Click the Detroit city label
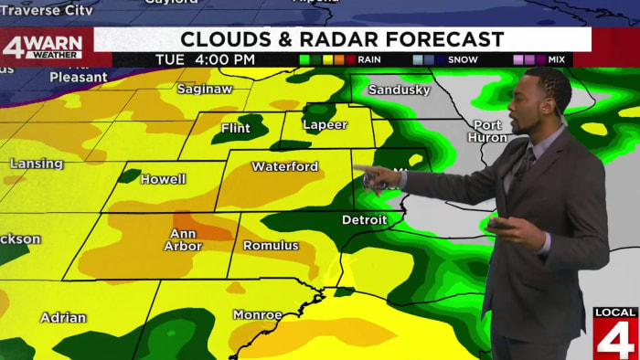point(364,220)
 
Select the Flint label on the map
point(235,129)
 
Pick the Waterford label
point(284,167)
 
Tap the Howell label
point(163,179)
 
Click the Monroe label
point(257,315)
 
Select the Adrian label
point(63,318)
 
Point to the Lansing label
point(37,164)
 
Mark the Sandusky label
point(400,90)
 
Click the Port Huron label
point(488,131)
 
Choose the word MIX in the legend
point(556,59)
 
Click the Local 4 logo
point(615,333)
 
